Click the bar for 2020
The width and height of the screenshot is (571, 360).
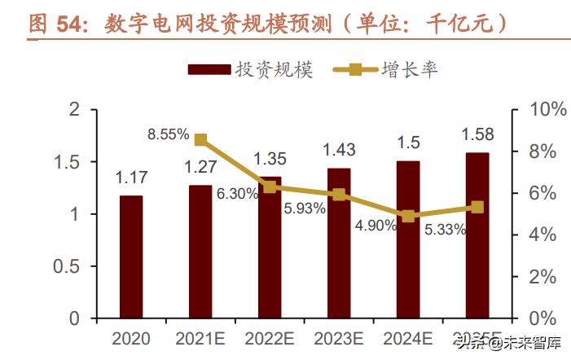(x=130, y=257)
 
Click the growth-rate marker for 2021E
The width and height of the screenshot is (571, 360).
(x=201, y=140)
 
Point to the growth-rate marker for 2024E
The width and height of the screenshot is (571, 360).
(x=408, y=216)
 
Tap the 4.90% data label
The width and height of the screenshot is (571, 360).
(x=376, y=226)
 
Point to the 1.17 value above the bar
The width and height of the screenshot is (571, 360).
(x=130, y=175)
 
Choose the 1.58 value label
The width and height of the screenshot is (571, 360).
(x=477, y=133)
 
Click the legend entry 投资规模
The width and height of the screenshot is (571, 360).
(x=250, y=69)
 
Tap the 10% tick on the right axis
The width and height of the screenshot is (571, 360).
(x=538, y=110)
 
